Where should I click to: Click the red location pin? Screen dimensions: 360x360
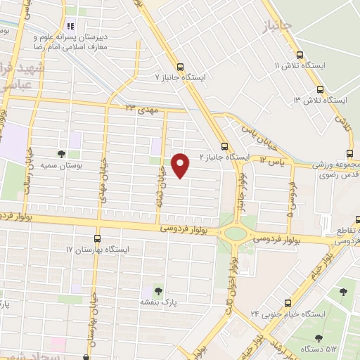pos(181,165)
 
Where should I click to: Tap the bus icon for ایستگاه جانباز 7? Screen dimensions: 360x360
pos(181,67)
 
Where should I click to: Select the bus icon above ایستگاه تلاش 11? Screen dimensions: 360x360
pos(300,55)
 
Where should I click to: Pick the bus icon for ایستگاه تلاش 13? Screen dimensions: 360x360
pos(320,89)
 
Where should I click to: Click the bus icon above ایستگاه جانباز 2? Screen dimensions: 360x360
pos(224,146)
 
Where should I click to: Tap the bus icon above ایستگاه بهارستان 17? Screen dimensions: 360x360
pos(97,238)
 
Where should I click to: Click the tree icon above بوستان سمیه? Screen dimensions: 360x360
pos(61,154)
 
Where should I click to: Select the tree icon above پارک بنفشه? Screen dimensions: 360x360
pos(157,290)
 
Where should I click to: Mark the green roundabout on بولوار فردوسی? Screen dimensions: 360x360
pos(236,232)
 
